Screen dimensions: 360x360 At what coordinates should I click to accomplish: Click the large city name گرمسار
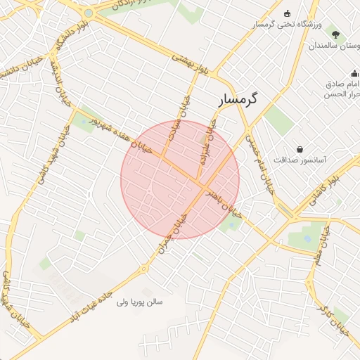pos(234,100)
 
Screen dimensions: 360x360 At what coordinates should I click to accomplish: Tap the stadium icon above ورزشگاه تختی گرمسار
pos(287,14)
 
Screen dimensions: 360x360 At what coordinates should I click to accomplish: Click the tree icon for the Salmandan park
pos(335,34)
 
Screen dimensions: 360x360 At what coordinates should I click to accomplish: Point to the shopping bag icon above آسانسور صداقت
pos(300,149)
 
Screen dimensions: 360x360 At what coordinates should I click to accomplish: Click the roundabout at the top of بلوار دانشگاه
pos(88,13)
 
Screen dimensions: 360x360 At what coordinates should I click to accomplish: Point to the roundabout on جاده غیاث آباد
pos(143,268)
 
